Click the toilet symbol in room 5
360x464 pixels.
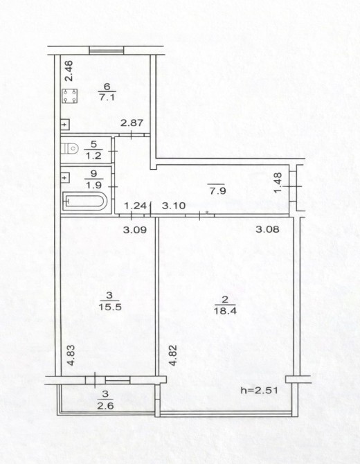[x=70, y=148]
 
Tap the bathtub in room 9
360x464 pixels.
[x=84, y=202]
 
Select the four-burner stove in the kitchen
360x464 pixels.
[x=69, y=96]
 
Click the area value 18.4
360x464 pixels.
[x=225, y=311]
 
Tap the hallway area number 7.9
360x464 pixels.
[x=217, y=191]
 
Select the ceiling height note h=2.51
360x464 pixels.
[x=259, y=391]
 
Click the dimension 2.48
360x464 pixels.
[x=69, y=71]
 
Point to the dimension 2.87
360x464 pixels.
[x=132, y=123]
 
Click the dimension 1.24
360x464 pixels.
[x=135, y=206]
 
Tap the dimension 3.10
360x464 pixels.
[x=174, y=206]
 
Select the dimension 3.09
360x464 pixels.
[x=135, y=230]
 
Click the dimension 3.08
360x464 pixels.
[x=267, y=229]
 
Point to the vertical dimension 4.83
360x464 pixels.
[x=71, y=355]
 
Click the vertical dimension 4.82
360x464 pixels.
[x=173, y=355]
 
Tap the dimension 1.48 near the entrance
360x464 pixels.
[x=278, y=183]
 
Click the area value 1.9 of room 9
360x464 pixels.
[x=93, y=185]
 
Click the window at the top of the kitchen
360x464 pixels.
[x=106, y=51]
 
